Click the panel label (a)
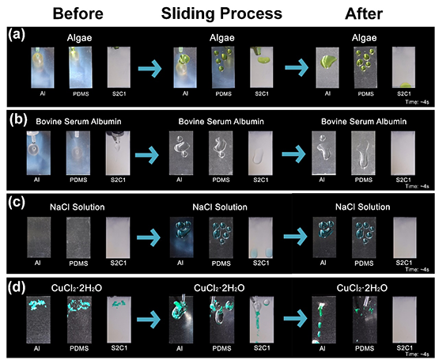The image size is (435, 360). point(17,36)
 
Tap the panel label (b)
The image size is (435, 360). point(18,119)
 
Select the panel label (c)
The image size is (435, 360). point(17,203)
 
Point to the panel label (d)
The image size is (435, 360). point(17,288)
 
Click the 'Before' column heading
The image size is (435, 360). point(78,13)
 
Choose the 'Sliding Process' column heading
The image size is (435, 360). point(221,13)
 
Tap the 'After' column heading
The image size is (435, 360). point(364,13)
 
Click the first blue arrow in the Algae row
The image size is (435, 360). point(149,68)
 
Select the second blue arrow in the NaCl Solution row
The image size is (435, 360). point(295,237)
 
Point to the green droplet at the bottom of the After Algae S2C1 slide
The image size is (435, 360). point(404,85)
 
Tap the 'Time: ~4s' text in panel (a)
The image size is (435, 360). point(417,102)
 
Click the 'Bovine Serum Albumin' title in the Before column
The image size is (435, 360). point(78,122)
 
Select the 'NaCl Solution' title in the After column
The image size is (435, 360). point(362,207)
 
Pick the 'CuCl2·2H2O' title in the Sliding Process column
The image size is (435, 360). point(219,288)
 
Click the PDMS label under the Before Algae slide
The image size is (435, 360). point(81,94)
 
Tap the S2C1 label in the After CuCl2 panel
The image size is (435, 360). point(405,348)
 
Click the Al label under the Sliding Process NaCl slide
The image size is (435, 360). point(180,263)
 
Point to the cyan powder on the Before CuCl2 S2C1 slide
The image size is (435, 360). point(119,304)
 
